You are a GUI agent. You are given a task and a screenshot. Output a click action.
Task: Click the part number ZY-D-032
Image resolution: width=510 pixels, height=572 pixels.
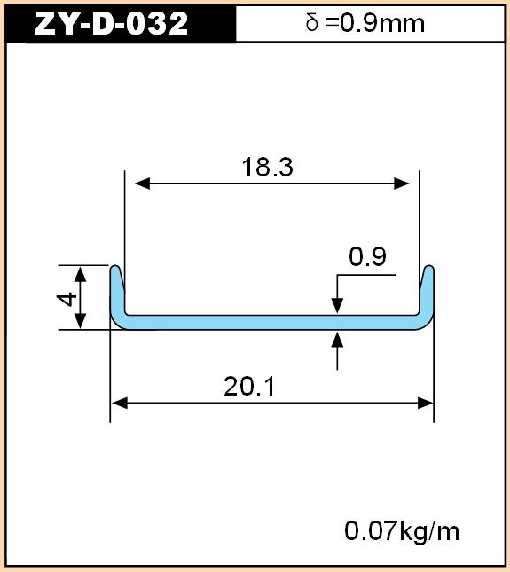click(x=111, y=23)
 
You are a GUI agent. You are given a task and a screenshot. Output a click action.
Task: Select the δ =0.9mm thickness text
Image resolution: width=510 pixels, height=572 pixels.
click(x=365, y=23)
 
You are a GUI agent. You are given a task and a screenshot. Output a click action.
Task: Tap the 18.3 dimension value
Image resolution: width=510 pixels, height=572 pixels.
click(x=267, y=167)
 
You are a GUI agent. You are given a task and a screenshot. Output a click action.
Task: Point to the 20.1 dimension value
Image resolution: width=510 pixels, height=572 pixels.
click(x=249, y=387)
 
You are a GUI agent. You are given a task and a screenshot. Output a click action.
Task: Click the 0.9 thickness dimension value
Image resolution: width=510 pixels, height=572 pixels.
click(x=367, y=256)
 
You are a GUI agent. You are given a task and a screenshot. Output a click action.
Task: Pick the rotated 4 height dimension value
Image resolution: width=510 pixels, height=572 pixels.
click(x=67, y=299)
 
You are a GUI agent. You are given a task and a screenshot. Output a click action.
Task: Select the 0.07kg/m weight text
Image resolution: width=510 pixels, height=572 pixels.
click(x=402, y=531)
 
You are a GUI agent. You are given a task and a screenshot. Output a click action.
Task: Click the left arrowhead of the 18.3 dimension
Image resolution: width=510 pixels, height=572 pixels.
click(x=142, y=184)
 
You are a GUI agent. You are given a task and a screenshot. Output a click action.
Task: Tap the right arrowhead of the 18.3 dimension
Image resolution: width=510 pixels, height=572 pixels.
click(x=401, y=184)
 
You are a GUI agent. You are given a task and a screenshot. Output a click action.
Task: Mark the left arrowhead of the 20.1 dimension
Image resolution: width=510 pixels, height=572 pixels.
click(x=119, y=404)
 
